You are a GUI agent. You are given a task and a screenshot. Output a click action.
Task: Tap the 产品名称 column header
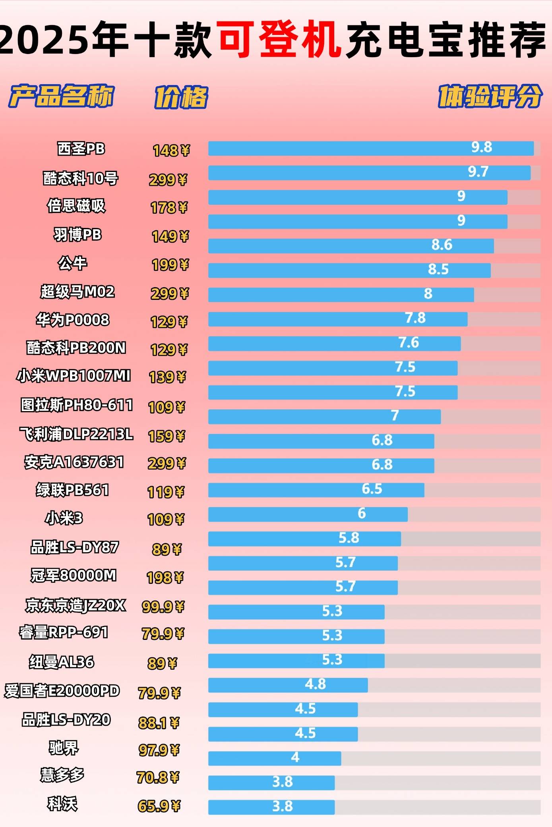tap(62, 96)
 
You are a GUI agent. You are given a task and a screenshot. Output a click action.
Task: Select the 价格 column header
tap(181, 97)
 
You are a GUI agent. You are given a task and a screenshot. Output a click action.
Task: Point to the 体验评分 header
tap(490, 96)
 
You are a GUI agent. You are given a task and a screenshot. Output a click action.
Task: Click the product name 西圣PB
tap(81, 149)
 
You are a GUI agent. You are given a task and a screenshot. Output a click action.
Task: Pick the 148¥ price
tap(171, 151)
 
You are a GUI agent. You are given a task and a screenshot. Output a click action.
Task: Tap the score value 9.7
tap(478, 172)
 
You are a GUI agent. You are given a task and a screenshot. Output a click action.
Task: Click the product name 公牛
tap(72, 263)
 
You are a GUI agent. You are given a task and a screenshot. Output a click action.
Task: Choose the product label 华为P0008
tap(73, 320)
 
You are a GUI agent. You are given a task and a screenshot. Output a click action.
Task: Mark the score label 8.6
tap(442, 245)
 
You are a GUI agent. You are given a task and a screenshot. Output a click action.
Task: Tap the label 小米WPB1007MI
tap(74, 375)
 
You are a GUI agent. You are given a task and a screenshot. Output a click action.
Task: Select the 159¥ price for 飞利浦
tap(167, 436)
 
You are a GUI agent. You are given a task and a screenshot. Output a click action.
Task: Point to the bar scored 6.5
tap(316, 490)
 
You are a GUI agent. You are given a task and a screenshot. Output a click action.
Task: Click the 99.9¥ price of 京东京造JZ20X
tap(163, 607)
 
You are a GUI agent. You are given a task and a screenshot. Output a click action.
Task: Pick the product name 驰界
tap(64, 748)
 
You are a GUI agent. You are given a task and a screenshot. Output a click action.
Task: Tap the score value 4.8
tap(315, 684)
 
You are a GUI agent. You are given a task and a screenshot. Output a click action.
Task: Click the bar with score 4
tap(274, 758)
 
